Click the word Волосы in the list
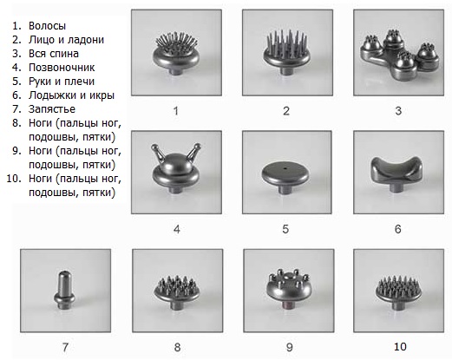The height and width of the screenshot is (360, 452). (x=47, y=26)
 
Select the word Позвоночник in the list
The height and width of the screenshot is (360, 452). (x=62, y=68)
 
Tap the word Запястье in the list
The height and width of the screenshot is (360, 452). (x=52, y=109)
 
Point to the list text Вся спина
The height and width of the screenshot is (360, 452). (x=54, y=54)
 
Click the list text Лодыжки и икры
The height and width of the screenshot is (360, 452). (x=71, y=95)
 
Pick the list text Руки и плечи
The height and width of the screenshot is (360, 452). (x=62, y=82)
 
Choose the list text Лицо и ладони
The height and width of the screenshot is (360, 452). (x=66, y=40)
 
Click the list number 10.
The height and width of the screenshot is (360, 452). (x=14, y=179)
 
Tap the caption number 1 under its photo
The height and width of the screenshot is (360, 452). (x=175, y=111)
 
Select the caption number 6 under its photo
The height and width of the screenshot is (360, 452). (x=398, y=229)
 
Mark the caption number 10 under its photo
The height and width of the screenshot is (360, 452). (x=400, y=346)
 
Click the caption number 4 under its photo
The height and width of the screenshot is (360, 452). (x=177, y=229)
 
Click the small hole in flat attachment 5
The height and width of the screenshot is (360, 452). (x=285, y=168)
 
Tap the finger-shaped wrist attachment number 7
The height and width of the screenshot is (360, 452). (x=64, y=290)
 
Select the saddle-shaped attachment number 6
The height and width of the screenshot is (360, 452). (x=396, y=173)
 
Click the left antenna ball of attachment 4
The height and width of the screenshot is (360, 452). (x=154, y=147)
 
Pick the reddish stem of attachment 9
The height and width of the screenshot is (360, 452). (x=289, y=305)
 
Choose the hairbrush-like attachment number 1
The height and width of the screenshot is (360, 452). (x=176, y=54)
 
